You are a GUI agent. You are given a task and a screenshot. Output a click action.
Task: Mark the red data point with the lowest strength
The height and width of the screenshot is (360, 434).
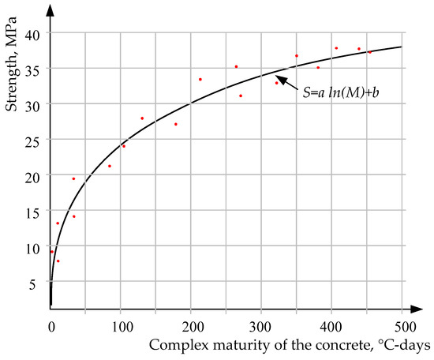[x=58, y=261]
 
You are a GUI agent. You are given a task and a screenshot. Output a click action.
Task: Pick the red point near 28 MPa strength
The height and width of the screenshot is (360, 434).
[x=142, y=118]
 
